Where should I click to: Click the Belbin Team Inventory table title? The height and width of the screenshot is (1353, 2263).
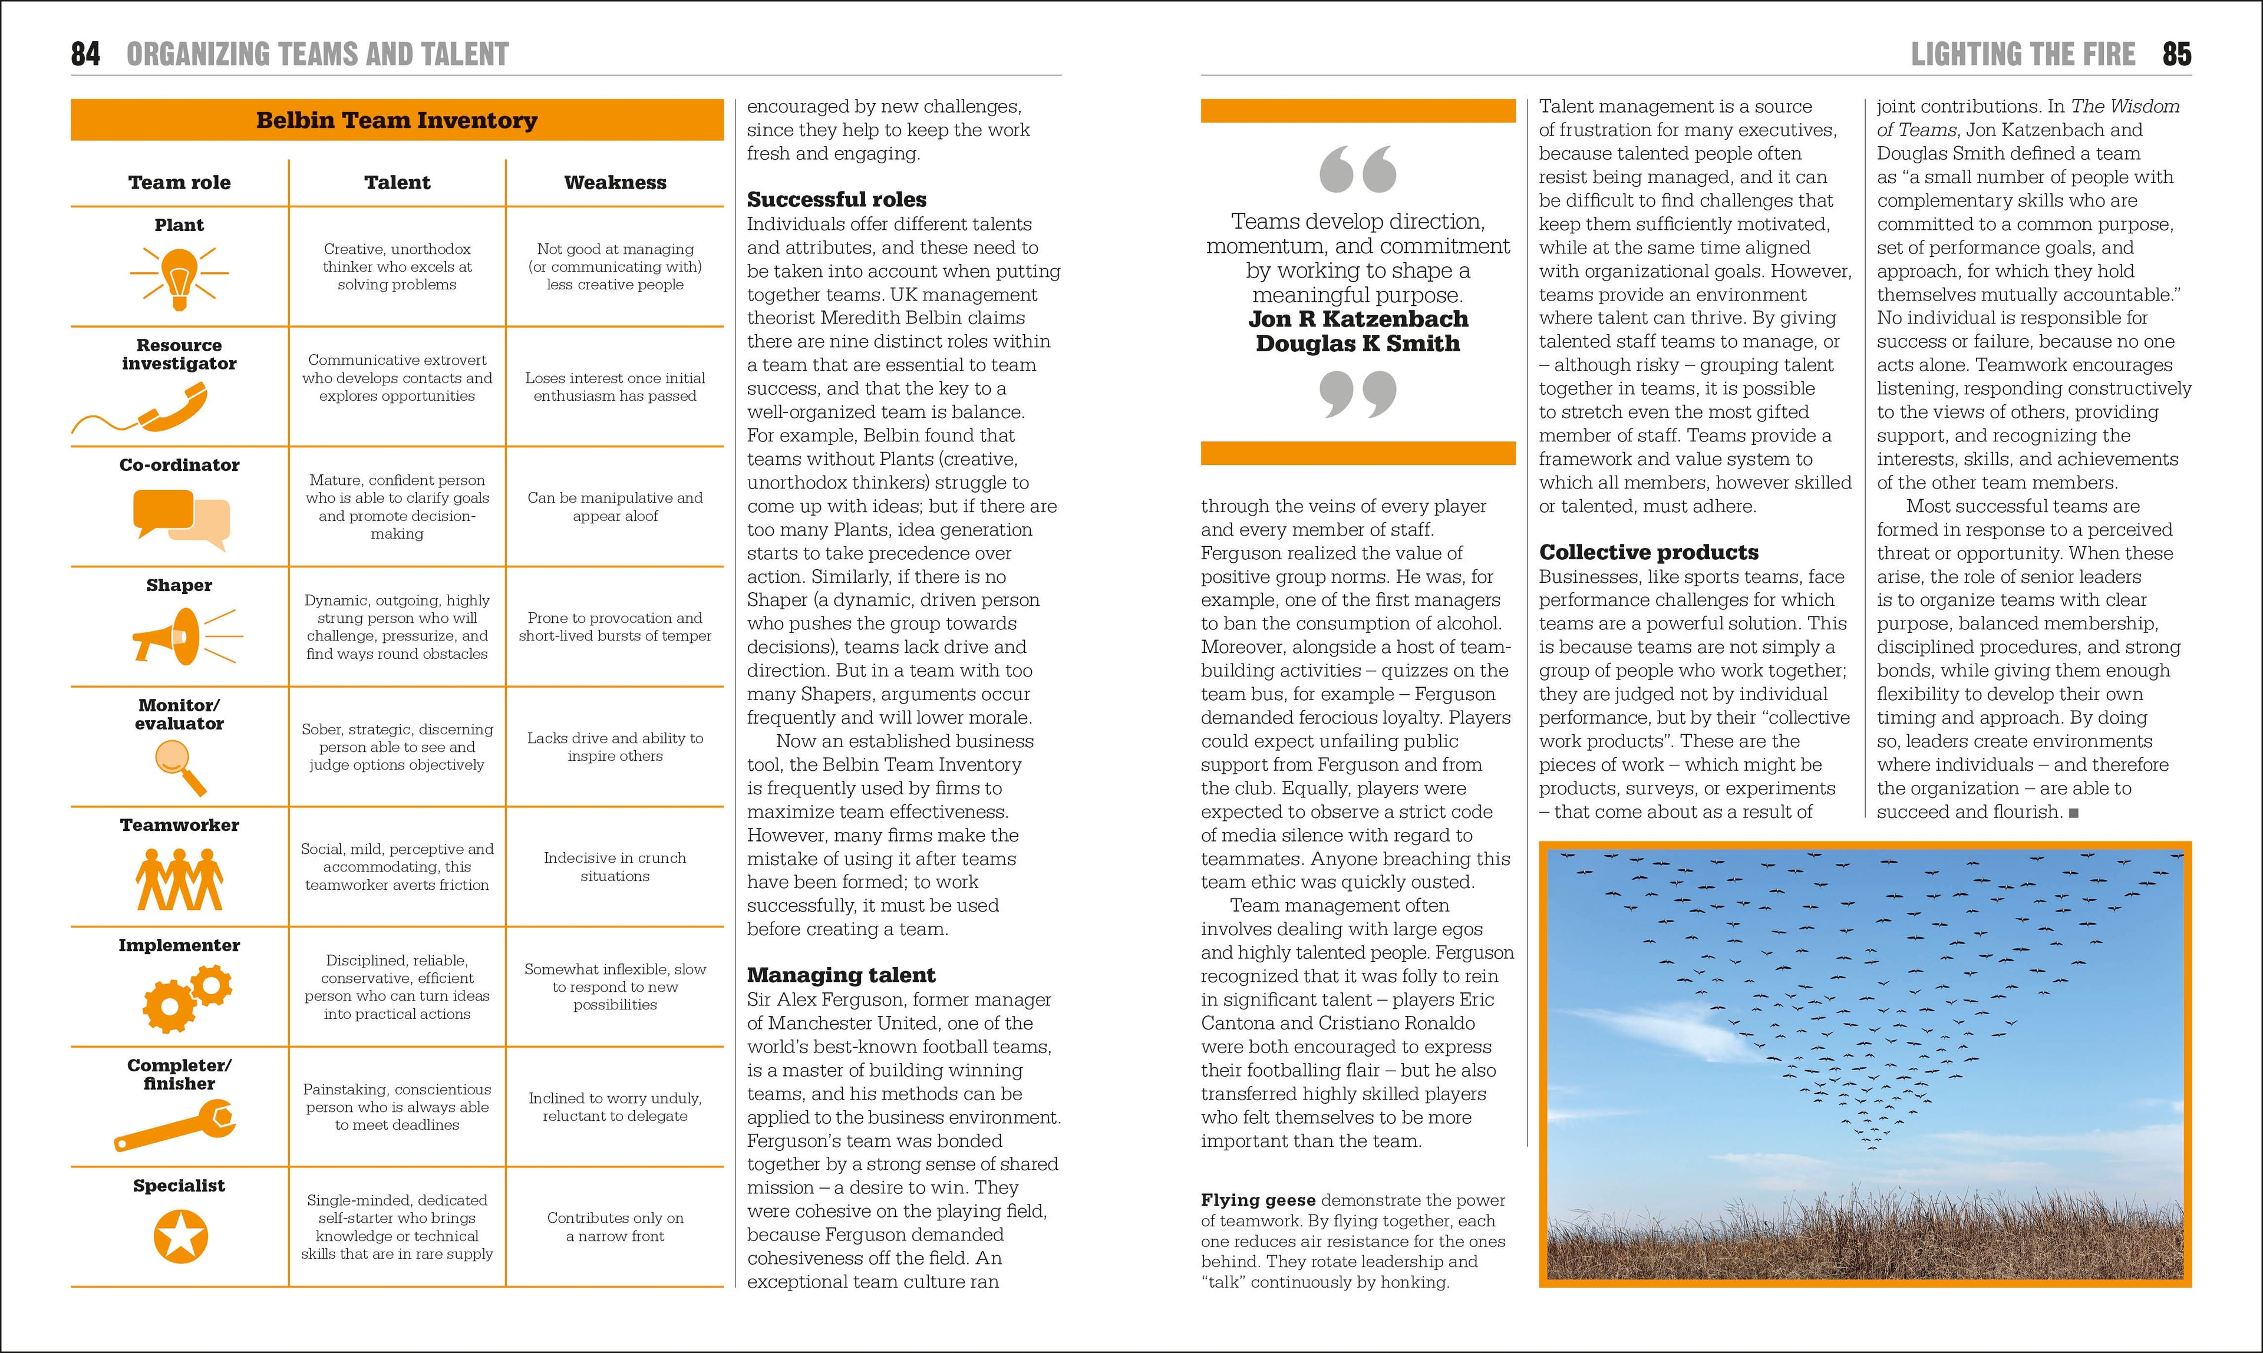point(397,120)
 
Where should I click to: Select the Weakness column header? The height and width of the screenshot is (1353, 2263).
point(615,182)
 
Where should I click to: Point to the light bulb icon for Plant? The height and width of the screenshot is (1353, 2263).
point(180,276)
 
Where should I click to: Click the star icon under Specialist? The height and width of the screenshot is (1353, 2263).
point(180,1236)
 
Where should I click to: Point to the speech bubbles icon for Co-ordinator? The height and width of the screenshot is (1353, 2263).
point(180,519)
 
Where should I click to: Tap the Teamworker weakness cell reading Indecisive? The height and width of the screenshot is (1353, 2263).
point(615,867)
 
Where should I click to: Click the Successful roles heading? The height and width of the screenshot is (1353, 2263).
point(836,200)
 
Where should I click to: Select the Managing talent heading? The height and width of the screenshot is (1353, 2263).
point(840,975)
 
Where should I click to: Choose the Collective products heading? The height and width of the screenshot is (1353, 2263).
point(1648,553)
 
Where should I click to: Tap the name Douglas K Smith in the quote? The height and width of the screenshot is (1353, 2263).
point(1358,344)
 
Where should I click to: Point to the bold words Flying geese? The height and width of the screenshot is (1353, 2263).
point(1258,1201)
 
